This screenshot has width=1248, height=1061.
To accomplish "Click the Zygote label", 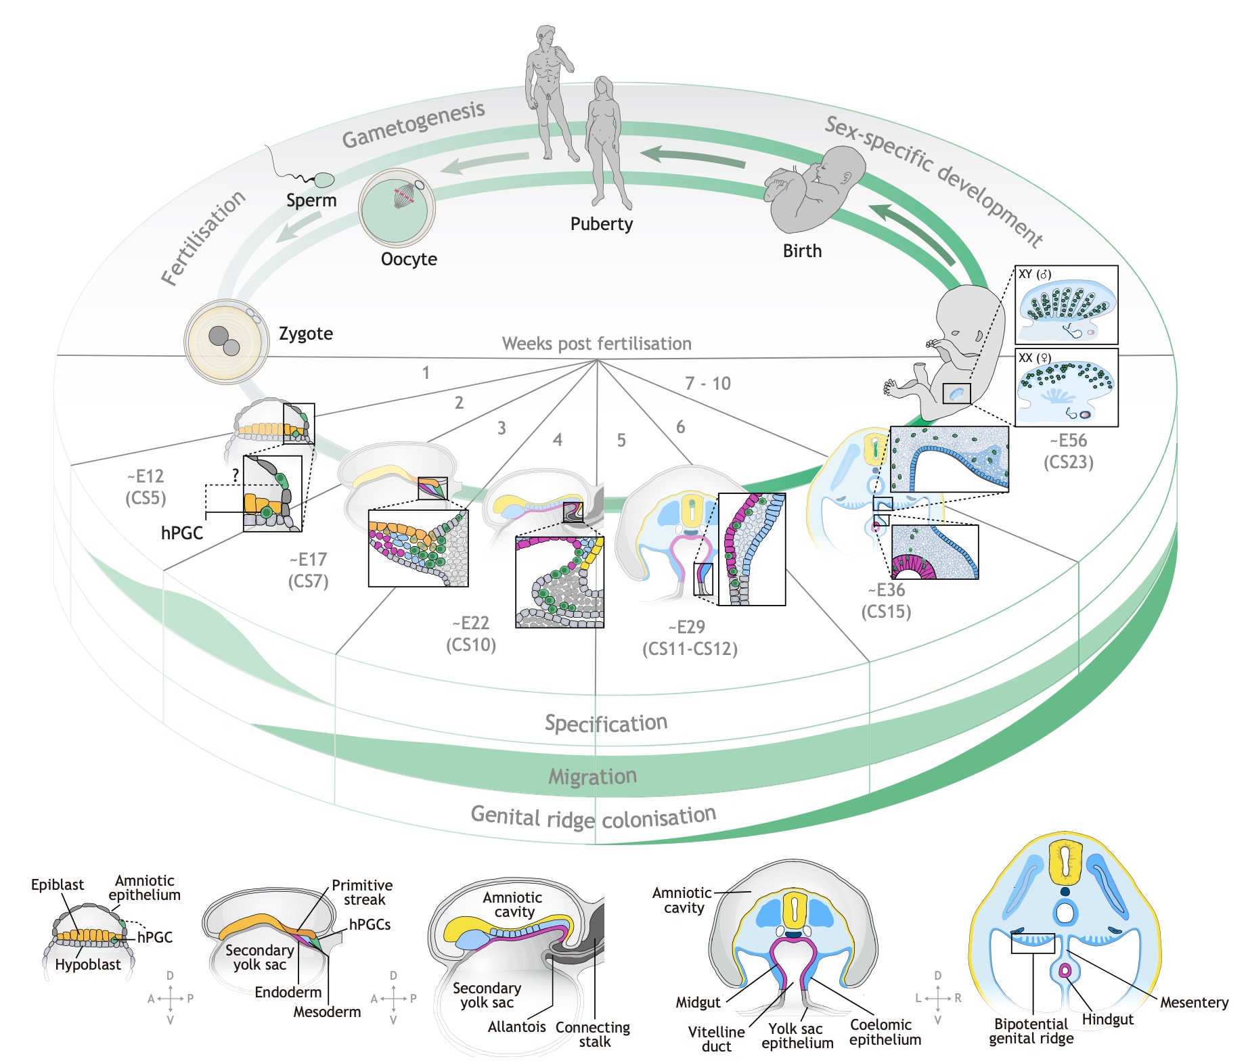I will (305, 334).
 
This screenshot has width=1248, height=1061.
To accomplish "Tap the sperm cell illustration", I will (324, 180).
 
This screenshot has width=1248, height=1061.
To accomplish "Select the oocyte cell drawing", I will (397, 206).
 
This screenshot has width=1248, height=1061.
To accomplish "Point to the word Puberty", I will (601, 224).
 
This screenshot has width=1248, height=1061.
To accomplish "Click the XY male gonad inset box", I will (1066, 304).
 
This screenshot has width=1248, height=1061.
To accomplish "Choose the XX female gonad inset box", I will (1066, 387).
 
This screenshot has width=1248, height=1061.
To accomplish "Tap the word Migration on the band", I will (592, 776).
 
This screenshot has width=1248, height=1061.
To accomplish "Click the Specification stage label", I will (606, 723).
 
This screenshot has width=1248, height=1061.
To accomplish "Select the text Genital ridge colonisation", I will (593, 817).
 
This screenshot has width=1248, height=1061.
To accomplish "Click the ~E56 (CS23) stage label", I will (1068, 451).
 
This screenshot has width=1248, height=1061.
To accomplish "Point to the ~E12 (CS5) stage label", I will (146, 487).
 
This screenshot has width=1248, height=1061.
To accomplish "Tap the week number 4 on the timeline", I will (557, 440).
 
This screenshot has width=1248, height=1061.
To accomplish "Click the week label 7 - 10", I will (708, 384).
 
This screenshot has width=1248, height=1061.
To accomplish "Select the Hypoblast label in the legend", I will (88, 964).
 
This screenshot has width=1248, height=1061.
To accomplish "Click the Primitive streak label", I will (362, 893).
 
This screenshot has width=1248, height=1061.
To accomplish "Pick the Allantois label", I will (516, 1026).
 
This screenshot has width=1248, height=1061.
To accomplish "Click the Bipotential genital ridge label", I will (1031, 1031).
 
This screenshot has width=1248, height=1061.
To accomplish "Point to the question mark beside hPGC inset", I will (235, 476).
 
